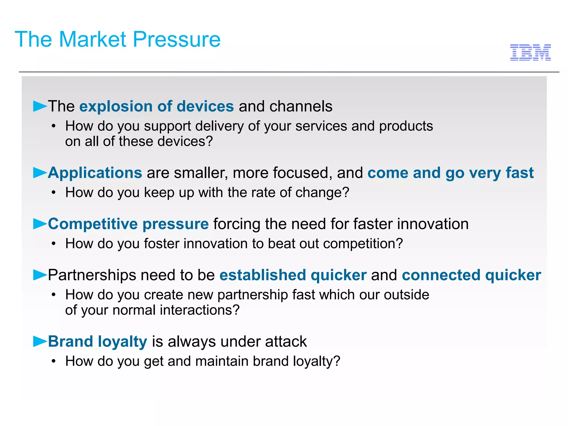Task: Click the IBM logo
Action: point(530,52)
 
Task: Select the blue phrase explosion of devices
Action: point(156,106)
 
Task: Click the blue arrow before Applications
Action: point(40,173)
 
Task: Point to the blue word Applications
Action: point(95,173)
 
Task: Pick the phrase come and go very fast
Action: point(450,173)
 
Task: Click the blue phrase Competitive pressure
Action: point(128,224)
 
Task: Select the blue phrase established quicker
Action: point(293,275)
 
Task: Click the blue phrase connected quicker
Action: point(471,275)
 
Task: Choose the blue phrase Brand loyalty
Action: point(98,342)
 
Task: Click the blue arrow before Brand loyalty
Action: point(40,341)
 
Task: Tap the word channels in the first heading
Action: point(301,106)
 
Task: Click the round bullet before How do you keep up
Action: point(54,192)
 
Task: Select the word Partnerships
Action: point(92,275)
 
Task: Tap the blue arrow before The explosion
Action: point(40,106)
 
